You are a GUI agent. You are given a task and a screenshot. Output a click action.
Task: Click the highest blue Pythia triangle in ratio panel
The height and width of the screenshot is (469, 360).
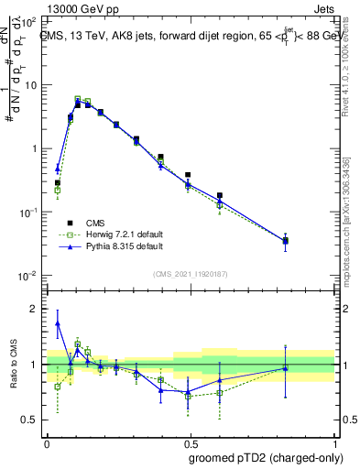(x=58, y=323)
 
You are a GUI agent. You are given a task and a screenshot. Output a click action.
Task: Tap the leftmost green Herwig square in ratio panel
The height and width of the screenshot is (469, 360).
(x=58, y=387)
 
